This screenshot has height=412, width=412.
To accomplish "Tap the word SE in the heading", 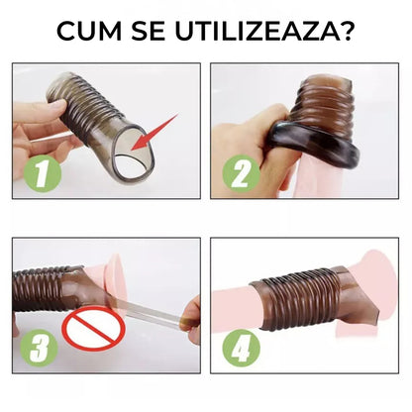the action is pyautogui.click(x=149, y=31).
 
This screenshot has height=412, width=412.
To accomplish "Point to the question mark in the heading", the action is pyautogui.click(x=348, y=31).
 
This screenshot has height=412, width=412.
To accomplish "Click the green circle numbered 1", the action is pyautogui.click(x=43, y=173).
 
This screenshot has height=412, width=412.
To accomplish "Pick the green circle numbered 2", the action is pyautogui.click(x=241, y=173).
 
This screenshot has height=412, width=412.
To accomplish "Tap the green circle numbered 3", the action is pyautogui.click(x=39, y=348).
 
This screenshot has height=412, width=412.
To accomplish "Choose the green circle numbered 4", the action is pyautogui.click(x=241, y=348).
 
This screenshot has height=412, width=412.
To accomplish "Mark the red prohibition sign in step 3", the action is pyautogui.click(x=94, y=328).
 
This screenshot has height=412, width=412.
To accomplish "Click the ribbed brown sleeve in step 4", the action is pyautogui.click(x=300, y=297).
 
